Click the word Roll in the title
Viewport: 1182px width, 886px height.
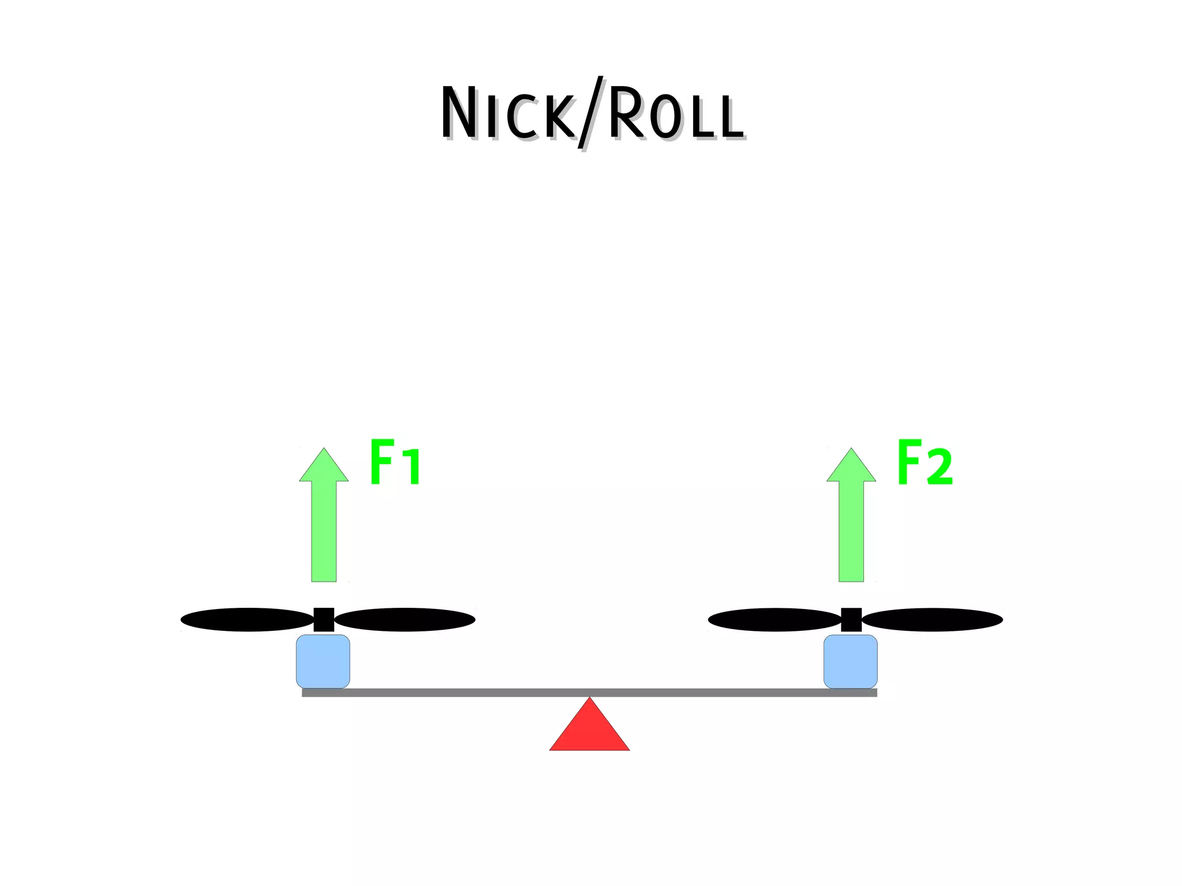pos(675,114)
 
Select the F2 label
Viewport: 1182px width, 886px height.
pos(924,462)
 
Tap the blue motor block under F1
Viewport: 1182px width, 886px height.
pos(323,661)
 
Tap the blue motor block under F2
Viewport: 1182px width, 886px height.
pos(851,661)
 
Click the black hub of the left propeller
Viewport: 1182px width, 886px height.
pos(324,619)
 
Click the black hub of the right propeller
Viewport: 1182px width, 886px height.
pos(851,619)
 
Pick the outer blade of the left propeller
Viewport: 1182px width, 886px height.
pos(247,619)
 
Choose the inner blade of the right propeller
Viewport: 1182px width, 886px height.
pos(775,619)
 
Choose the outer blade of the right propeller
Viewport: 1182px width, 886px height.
pos(933,619)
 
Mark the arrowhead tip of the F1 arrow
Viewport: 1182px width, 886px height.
pos(324,450)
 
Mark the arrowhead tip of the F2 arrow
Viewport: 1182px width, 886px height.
pos(851,450)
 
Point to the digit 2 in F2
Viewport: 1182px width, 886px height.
pos(939,468)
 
